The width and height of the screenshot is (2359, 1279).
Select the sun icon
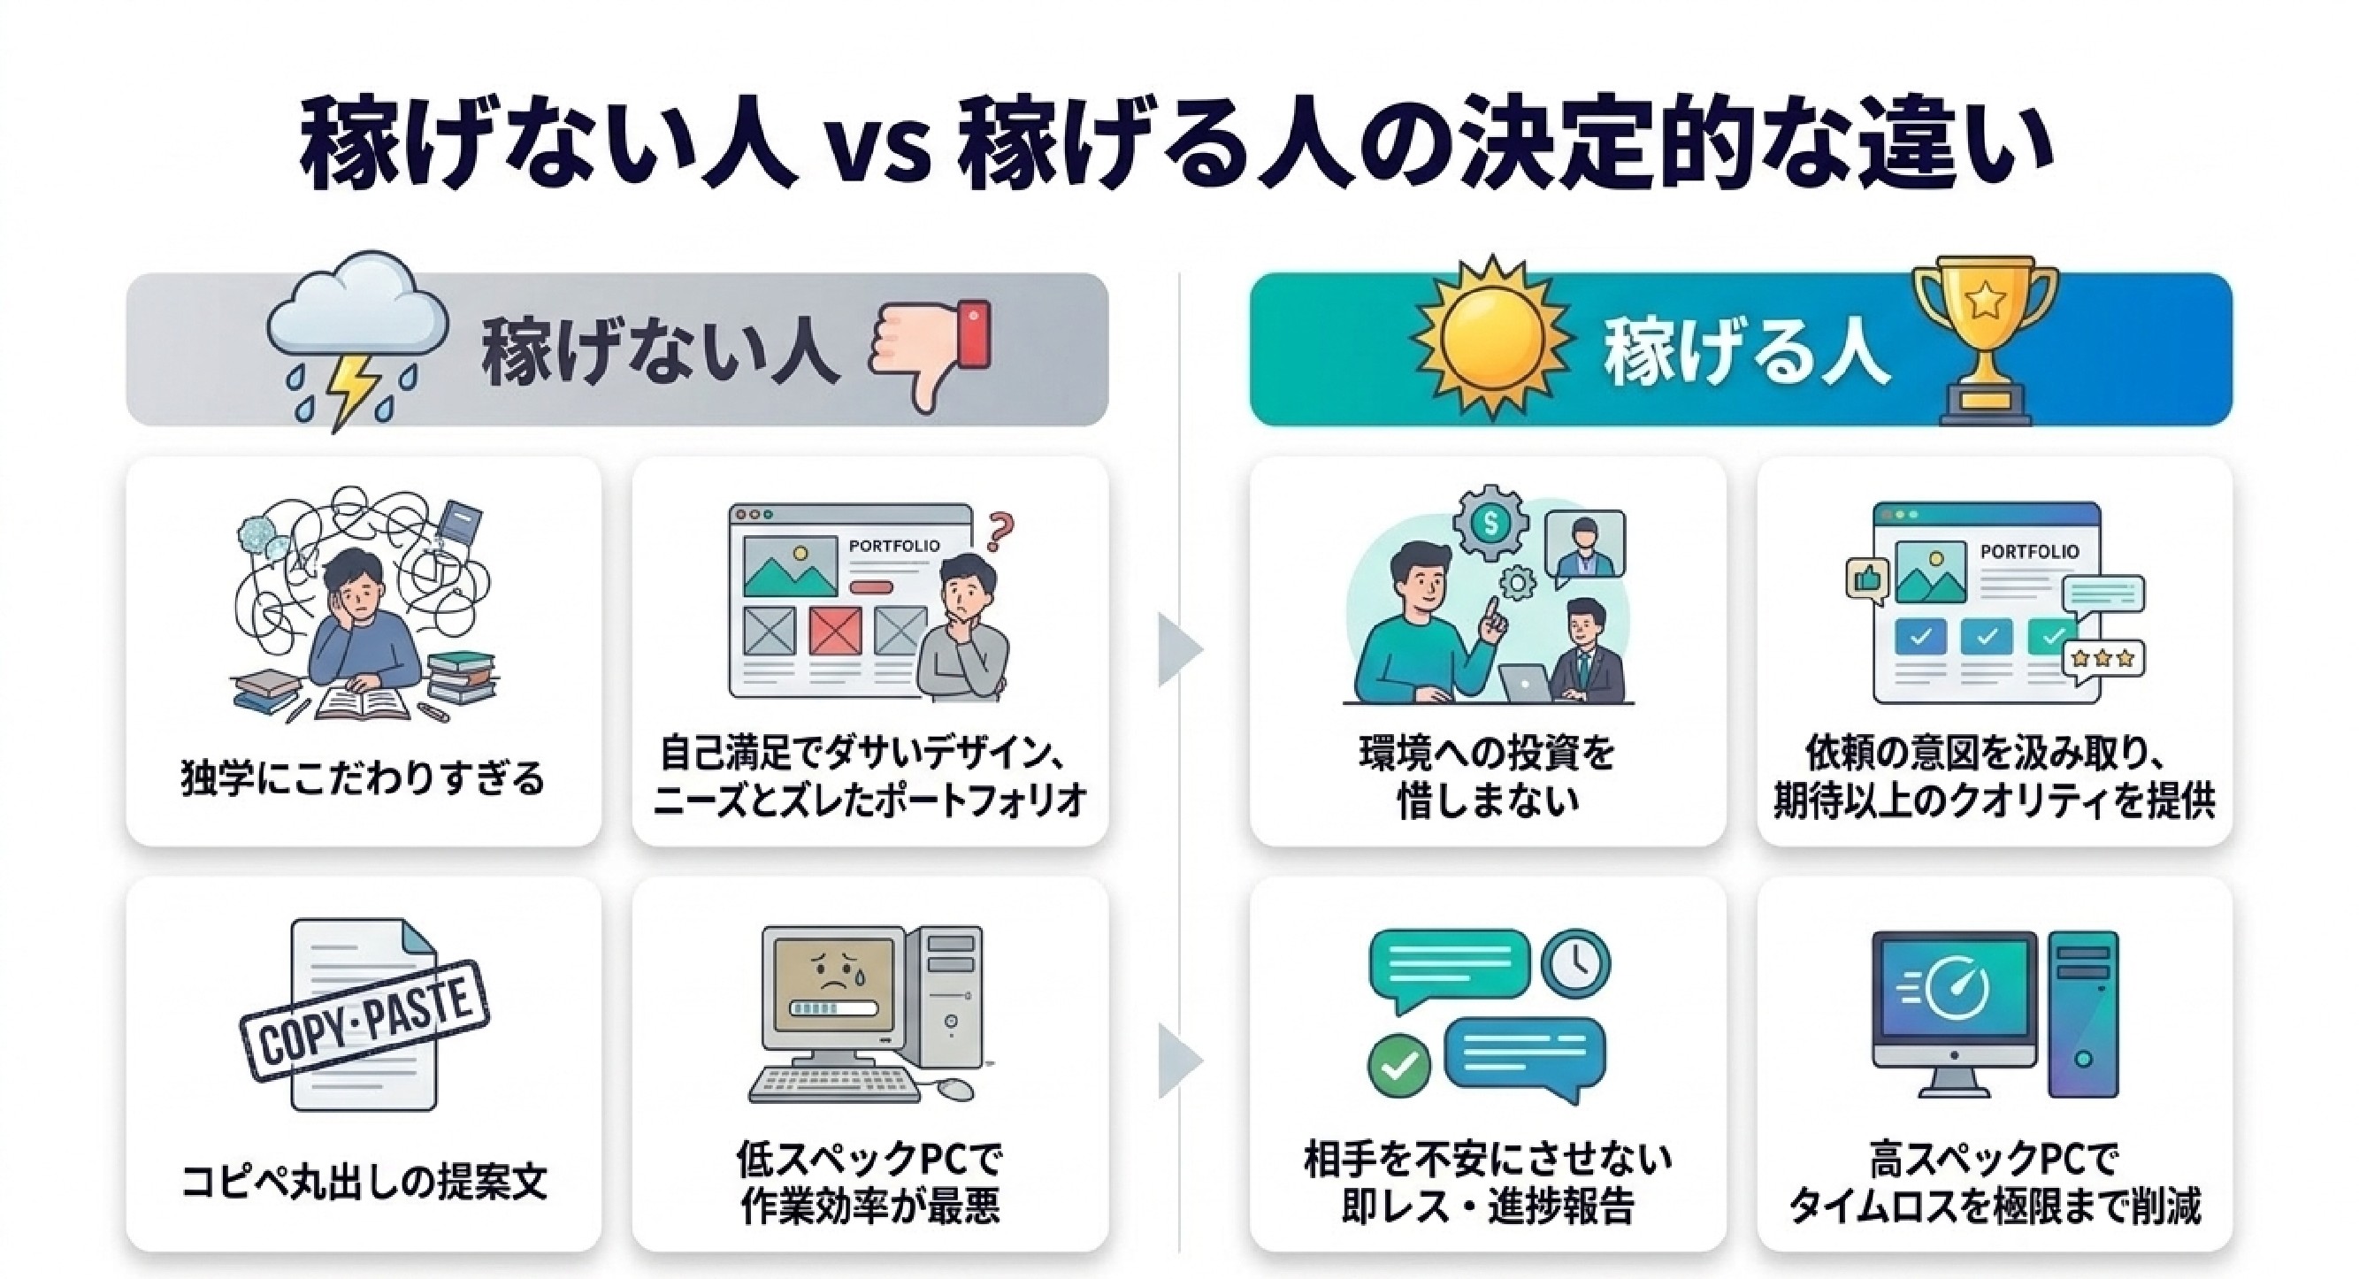pos(1492,339)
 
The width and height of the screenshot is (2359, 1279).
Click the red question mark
pos(1001,532)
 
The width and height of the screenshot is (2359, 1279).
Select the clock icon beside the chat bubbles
pos(1576,964)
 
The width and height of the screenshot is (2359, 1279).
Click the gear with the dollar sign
pos(1491,523)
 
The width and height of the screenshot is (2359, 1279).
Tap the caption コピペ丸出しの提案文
pos(364,1181)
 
